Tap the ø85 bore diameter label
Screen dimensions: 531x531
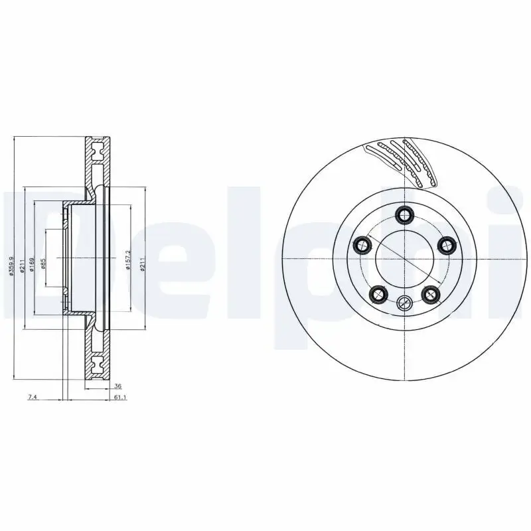[x=43, y=265]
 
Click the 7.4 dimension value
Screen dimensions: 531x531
[x=31, y=396]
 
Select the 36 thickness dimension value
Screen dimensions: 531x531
[x=118, y=386]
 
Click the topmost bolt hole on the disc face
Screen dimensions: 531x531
[x=404, y=214]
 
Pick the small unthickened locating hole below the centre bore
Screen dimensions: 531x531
[x=404, y=304]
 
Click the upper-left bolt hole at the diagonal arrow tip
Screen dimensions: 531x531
[x=362, y=246]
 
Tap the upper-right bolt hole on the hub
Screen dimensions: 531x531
[x=446, y=246]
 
